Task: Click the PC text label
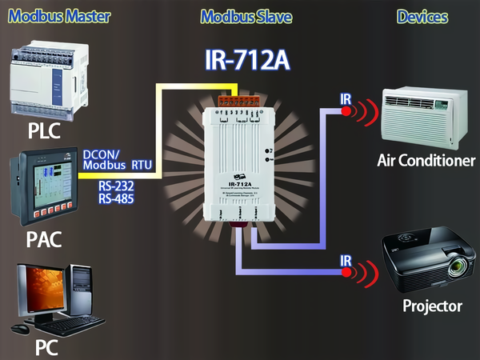tap(46, 348)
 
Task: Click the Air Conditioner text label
tap(425, 162)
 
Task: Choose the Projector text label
tap(431, 306)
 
